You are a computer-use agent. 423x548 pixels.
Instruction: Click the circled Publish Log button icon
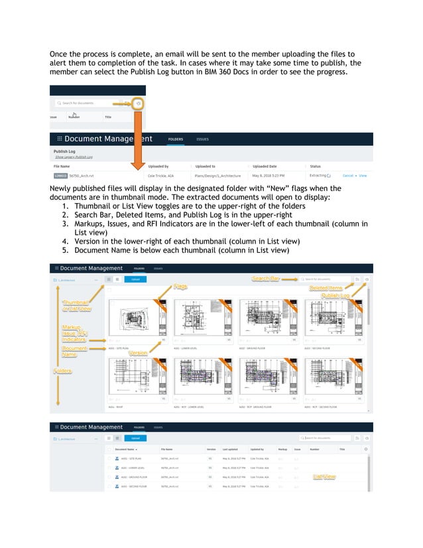[x=138, y=103]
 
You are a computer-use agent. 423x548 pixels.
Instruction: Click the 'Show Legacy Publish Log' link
[x=74, y=157]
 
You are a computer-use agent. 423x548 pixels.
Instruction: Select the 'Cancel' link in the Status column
[x=347, y=176]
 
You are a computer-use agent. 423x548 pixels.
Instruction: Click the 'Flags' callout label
[x=181, y=287]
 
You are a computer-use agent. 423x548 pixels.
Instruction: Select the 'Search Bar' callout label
[x=266, y=279]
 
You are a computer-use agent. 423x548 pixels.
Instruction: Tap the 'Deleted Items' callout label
[x=326, y=288]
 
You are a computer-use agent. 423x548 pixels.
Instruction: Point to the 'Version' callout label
[x=138, y=352]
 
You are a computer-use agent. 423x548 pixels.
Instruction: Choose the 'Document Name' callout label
[x=74, y=352]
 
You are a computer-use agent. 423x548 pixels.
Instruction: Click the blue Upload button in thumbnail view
[x=135, y=279]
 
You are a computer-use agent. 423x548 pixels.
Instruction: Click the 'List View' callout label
[x=325, y=476]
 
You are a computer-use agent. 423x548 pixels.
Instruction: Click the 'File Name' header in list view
[x=166, y=449]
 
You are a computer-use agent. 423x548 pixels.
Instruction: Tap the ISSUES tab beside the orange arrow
[x=202, y=139]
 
